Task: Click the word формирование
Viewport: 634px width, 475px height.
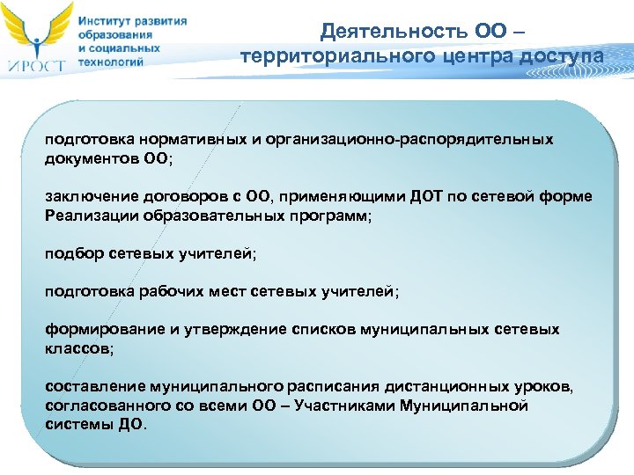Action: [105, 329]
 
